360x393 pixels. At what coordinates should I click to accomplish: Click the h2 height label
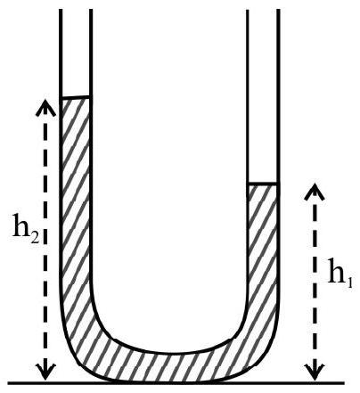26,225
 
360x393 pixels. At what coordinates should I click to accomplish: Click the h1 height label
340,271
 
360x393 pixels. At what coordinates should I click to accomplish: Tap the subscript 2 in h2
35,230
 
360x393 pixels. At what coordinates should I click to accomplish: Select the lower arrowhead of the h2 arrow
45,372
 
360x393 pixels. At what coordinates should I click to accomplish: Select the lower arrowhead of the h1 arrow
315,372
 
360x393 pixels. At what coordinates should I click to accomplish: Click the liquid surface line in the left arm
76,97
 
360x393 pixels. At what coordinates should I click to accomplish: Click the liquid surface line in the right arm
263,184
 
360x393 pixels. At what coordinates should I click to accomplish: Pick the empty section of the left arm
76,53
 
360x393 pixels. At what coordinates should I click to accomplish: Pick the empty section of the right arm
263,96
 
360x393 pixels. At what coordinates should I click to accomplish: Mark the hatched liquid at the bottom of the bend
169,367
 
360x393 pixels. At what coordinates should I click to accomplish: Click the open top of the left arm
76,10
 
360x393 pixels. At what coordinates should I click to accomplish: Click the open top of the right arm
263,10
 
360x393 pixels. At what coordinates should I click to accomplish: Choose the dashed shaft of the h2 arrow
45,240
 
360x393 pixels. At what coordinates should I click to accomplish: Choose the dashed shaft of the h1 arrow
315,282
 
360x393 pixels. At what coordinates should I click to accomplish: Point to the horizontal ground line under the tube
176,382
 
